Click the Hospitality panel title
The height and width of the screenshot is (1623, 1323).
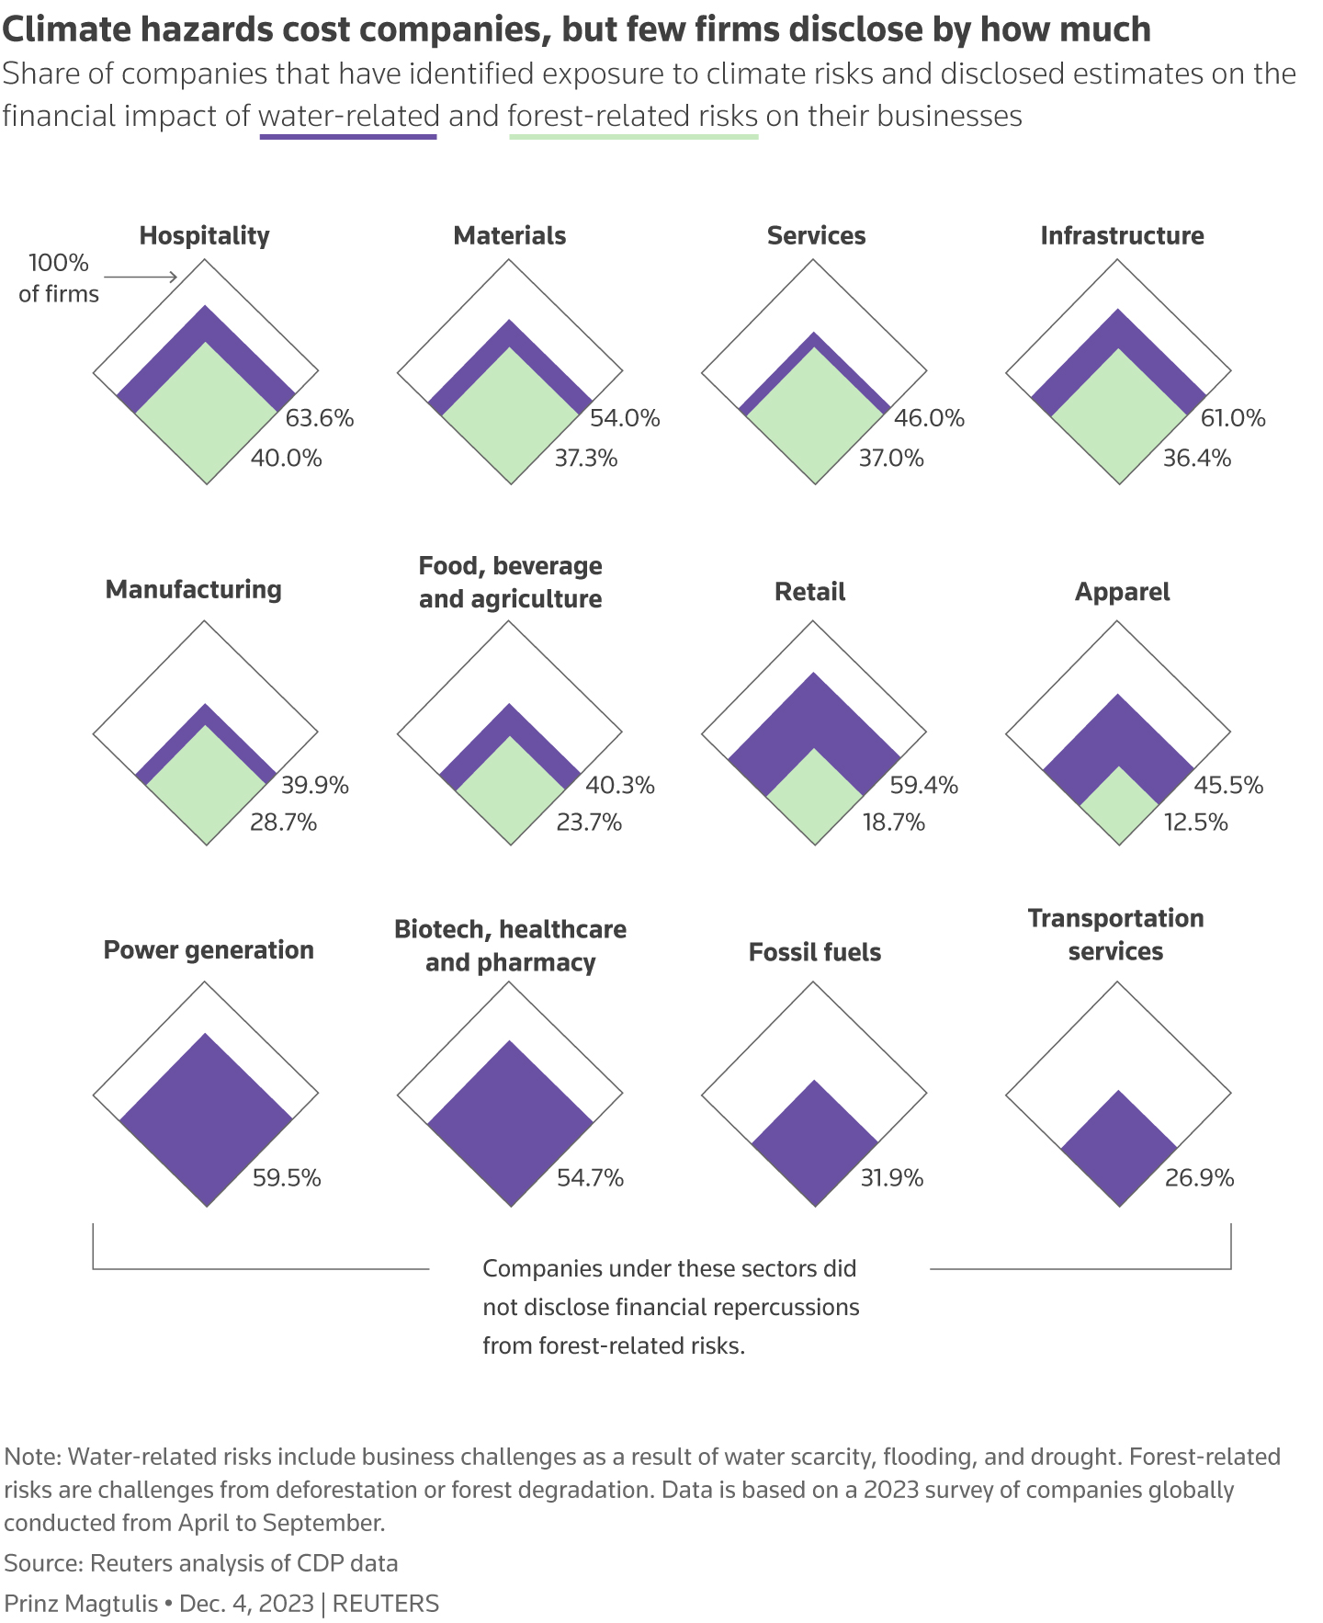point(204,235)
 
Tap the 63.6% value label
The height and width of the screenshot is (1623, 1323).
point(320,418)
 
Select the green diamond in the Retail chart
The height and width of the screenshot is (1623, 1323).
point(815,796)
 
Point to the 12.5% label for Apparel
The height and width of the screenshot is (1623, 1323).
point(1195,822)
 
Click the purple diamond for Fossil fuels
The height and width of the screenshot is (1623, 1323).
point(815,1143)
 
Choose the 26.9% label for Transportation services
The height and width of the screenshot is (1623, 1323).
point(1199,1177)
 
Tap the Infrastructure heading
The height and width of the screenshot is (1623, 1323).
point(1122,235)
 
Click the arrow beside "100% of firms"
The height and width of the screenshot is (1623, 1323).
point(140,277)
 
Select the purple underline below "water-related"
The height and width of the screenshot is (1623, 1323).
point(348,137)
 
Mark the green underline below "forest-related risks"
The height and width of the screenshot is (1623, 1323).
point(633,137)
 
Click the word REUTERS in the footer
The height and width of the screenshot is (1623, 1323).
point(385,1604)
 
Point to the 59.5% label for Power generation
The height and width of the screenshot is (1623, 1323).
point(287,1177)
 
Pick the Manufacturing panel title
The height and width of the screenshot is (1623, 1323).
point(194,589)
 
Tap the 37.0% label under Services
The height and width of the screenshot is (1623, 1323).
point(891,458)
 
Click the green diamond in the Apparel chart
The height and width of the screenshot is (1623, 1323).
point(1118,806)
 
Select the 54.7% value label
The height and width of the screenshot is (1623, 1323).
point(590,1177)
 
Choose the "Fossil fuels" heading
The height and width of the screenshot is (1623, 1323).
point(815,952)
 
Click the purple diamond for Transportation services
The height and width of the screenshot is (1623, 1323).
point(1119,1149)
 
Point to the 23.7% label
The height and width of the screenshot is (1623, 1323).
point(589,822)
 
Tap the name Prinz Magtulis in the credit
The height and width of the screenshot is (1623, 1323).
point(81,1604)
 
